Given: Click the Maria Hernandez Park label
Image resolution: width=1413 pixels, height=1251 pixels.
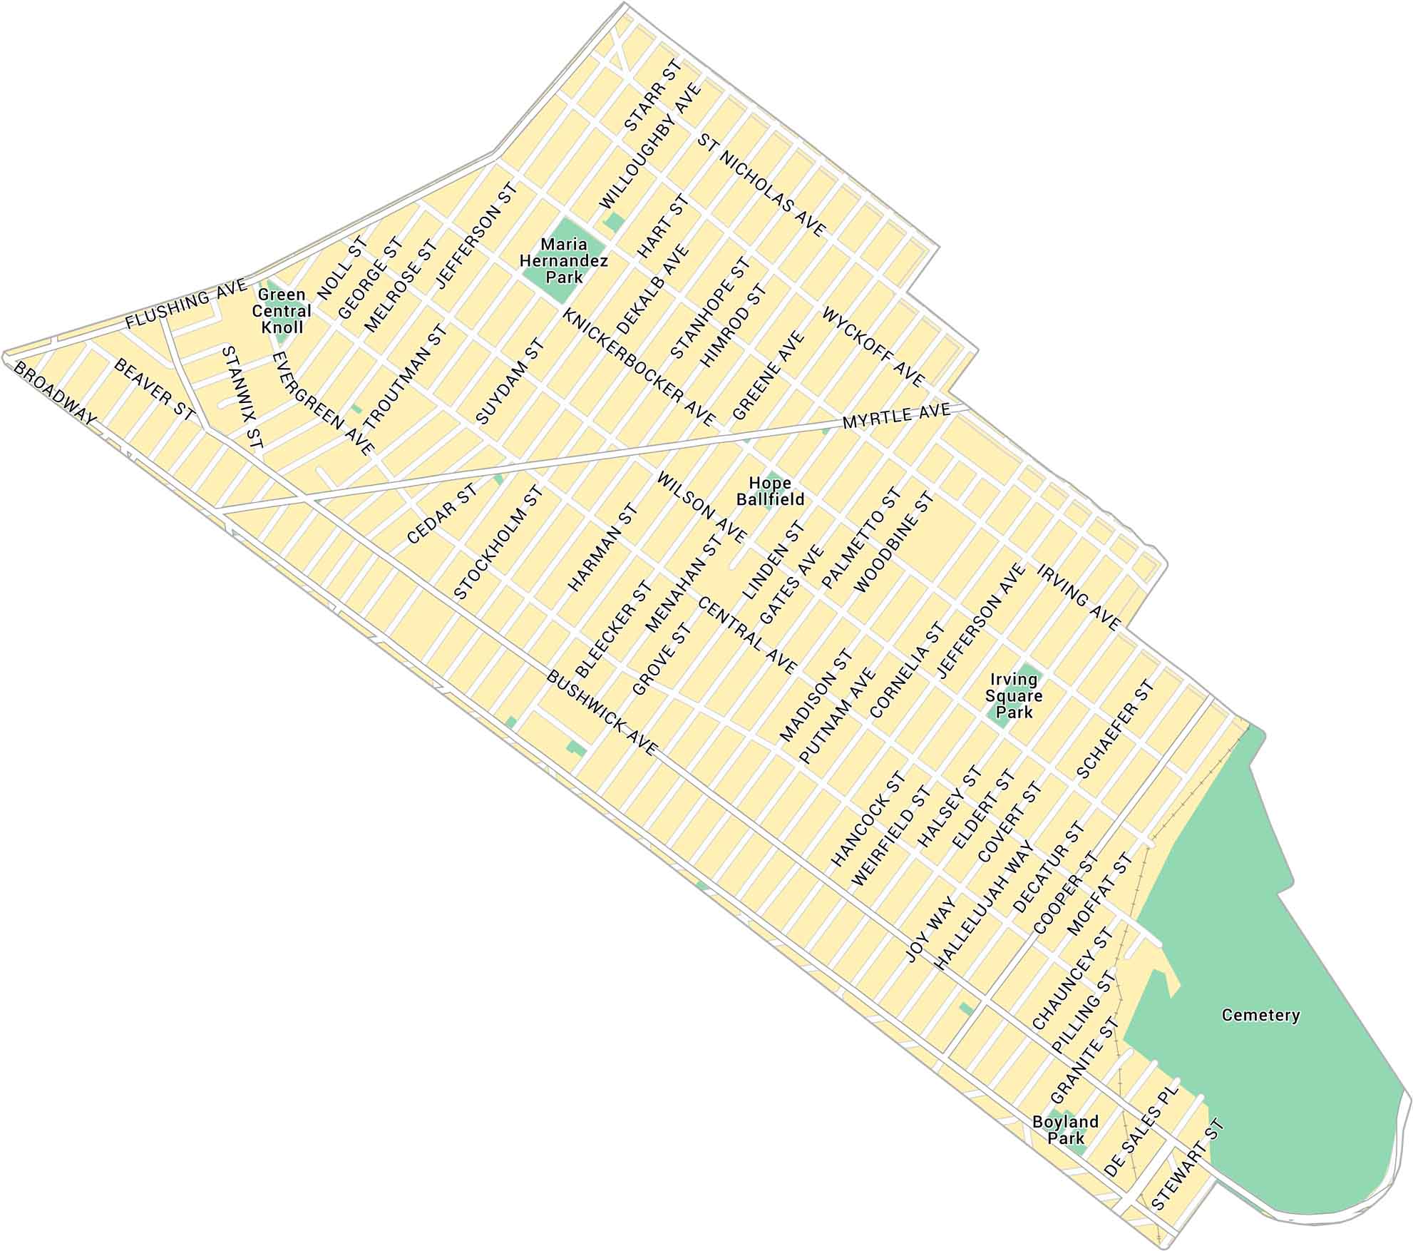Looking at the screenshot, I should coord(563,261).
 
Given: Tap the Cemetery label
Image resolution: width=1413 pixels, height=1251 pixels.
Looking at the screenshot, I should coord(1260,1015).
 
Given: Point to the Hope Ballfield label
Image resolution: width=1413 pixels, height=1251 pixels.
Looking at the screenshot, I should coord(770,491).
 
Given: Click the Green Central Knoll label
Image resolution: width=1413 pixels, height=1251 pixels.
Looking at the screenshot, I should coord(282,311).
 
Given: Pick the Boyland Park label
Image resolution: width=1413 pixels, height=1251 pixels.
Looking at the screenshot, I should coord(1065,1130).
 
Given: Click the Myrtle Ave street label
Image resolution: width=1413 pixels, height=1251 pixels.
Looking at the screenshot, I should coord(896,417).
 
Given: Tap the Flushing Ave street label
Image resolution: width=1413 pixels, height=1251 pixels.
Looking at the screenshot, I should coord(185,305).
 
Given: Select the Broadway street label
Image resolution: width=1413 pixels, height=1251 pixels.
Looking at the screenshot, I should coord(55,393).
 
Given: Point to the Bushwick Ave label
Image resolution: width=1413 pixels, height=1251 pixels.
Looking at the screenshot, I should coord(600,713).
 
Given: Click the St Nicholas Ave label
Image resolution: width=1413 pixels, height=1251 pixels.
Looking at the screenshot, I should coord(761,185).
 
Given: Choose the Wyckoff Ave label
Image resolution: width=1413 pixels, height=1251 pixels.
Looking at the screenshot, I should coord(873,347).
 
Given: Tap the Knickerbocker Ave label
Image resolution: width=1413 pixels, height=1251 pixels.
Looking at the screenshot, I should coord(638,368).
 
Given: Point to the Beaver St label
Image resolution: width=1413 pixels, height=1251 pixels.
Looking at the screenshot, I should coord(154,389).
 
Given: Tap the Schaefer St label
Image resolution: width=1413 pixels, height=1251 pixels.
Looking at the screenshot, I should coord(1115,729).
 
